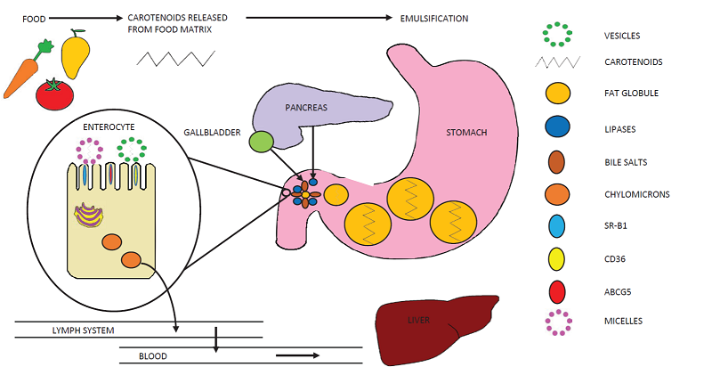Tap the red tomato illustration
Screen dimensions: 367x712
tap(54, 93)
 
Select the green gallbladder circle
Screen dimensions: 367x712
tap(261, 142)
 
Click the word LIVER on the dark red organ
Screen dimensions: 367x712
tap(419, 318)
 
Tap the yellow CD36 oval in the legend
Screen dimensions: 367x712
tap(558, 259)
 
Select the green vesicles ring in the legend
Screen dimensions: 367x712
tap(558, 35)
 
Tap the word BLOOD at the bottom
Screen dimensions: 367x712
tap(152, 356)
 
